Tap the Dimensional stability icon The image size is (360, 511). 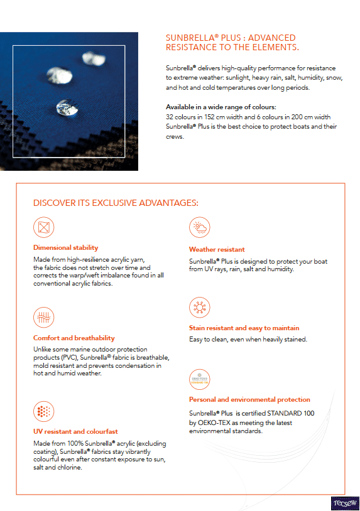tap(44, 227)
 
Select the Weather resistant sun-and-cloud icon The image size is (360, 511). tap(199, 228)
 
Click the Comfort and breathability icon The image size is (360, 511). tap(44, 315)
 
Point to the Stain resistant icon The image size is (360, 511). tap(199, 307)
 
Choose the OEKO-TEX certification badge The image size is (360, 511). tap(199, 379)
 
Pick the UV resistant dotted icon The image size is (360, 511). tap(44, 411)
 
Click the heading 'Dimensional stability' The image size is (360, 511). tap(66, 247)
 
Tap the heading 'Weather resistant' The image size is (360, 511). tap(217, 249)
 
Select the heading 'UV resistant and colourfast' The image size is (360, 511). tap(75, 431)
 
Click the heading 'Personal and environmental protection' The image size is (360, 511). tap(249, 399)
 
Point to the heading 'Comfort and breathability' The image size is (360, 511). tap(74, 338)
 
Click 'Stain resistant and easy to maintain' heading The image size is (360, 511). tap(244, 328)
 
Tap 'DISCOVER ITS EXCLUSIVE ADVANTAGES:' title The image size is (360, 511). tap(116, 203)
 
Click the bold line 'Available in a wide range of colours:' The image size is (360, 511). tap(221, 107)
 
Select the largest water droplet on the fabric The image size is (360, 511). tap(64, 106)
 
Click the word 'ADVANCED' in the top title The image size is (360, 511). tap(272, 38)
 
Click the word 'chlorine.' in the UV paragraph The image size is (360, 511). tap(68, 467)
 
